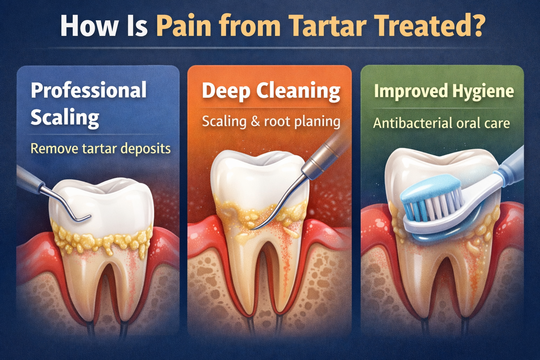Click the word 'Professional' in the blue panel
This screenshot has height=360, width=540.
tap(89, 90)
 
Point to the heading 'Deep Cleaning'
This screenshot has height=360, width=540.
tap(271, 91)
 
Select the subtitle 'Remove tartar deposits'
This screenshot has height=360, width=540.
tap(101, 149)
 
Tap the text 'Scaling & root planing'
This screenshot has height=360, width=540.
tap(271, 121)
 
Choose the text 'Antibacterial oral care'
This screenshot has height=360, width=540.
tap(442, 123)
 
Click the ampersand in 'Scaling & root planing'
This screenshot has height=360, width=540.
tap(255, 121)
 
